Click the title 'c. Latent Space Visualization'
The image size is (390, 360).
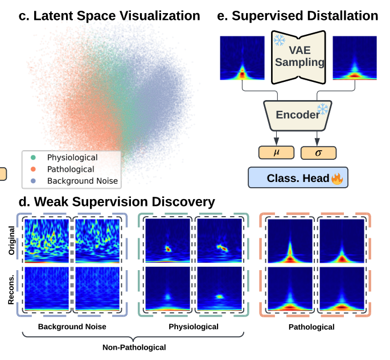click(109, 15)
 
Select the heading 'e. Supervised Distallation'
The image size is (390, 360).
click(298, 15)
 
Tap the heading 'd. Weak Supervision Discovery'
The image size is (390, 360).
click(117, 201)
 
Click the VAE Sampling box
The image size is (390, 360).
click(298, 57)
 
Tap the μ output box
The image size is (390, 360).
click(276, 152)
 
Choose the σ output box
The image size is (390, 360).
click(318, 152)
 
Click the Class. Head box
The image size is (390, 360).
click(298, 178)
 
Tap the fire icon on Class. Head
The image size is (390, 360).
click(338, 179)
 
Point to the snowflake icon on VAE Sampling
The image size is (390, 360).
click(280, 40)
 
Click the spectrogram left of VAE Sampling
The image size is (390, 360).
click(242, 59)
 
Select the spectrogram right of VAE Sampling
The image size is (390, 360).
click(355, 59)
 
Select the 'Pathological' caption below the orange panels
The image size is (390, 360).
click(311, 327)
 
